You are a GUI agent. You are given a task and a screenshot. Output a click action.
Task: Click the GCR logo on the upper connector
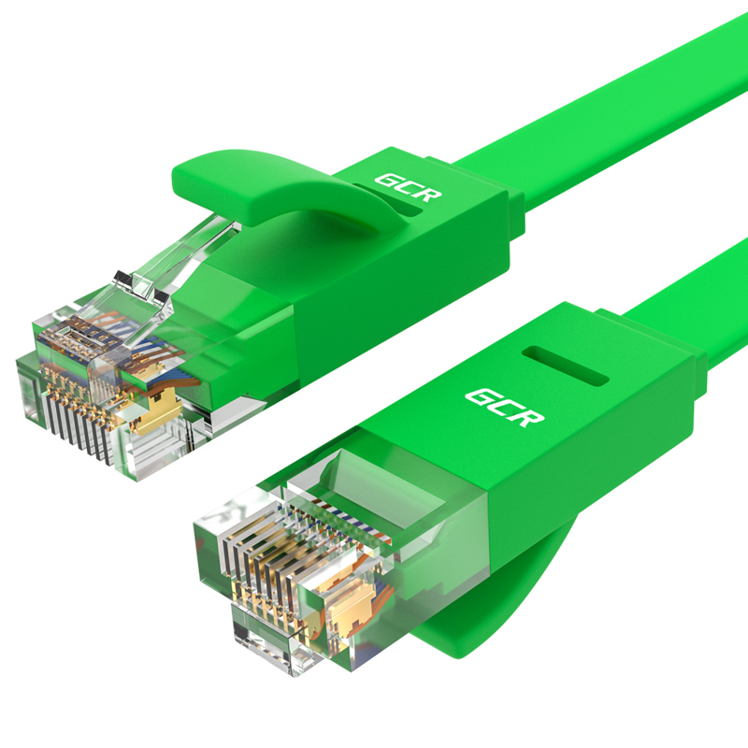(409, 186)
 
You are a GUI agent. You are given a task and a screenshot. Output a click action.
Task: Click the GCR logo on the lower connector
(504, 406)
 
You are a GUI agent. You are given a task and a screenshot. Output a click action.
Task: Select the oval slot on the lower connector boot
(566, 367)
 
